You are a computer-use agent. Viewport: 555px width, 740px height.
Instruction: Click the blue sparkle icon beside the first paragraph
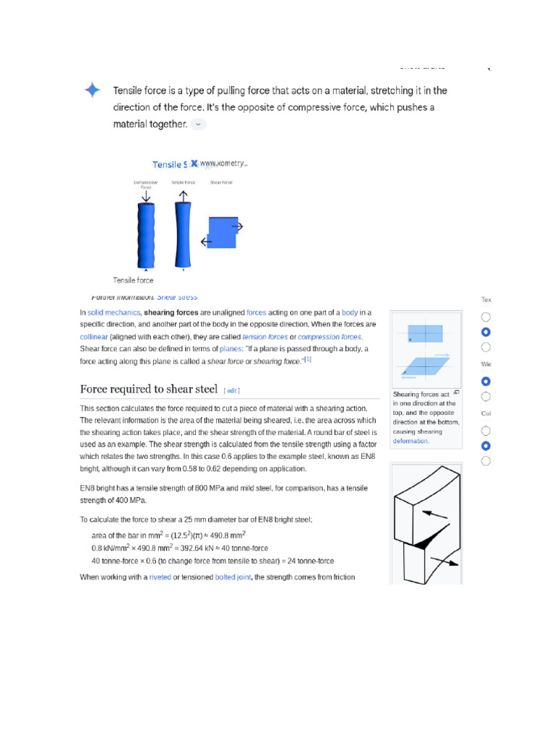coord(92,90)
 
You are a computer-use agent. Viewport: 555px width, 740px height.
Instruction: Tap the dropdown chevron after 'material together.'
coord(199,124)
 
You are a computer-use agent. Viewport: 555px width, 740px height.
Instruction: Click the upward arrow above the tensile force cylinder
coord(184,196)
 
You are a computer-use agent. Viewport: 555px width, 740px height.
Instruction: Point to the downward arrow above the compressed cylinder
coord(146,196)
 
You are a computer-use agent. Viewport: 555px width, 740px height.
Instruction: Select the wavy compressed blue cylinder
coord(146,236)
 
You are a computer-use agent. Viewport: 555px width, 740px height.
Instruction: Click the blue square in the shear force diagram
coord(223,233)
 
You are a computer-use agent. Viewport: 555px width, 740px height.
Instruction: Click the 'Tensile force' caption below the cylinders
coord(133,280)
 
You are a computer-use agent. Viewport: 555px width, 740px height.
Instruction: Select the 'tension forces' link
coord(264,337)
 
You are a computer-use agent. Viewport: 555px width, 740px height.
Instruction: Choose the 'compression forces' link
coord(330,337)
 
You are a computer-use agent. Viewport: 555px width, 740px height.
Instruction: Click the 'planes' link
coord(231,349)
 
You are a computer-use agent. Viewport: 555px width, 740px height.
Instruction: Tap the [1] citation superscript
coord(307,359)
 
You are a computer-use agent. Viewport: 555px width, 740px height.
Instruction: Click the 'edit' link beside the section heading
coord(231,391)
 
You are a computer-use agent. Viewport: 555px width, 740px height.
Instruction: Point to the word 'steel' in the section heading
coord(205,390)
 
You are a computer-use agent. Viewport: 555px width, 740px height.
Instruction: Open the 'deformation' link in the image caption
coord(410,441)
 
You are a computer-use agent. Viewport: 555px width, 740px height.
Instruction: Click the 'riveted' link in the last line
coord(160,577)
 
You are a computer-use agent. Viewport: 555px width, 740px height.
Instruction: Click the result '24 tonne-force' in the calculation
coord(311,561)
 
